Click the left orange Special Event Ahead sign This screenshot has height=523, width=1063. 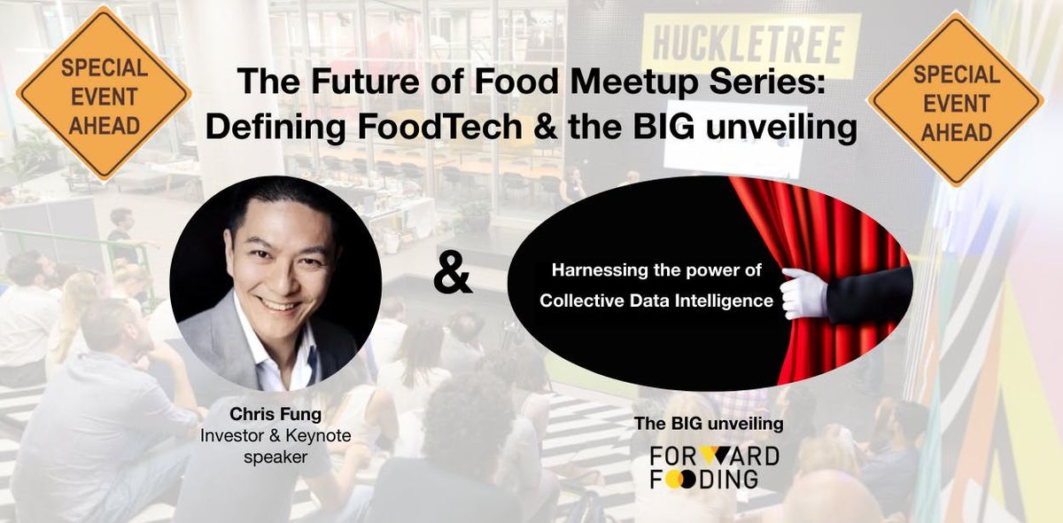coord(104,94)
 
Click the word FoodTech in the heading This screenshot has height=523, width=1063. coord(439,127)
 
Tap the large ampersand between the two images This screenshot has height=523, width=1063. coord(453,278)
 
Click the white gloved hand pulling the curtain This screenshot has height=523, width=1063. coord(803,293)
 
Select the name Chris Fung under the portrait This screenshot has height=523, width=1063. coord(275,414)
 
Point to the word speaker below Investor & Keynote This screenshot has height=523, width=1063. coord(275,457)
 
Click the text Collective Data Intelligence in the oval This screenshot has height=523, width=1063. coord(656,301)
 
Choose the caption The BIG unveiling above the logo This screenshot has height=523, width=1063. coord(709,423)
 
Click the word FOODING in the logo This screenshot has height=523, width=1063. coord(703,480)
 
